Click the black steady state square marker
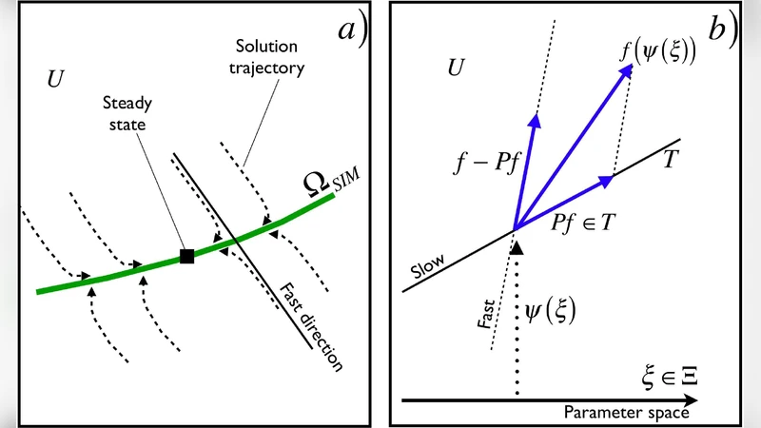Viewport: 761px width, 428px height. point(187,255)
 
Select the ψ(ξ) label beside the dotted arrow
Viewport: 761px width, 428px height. point(555,310)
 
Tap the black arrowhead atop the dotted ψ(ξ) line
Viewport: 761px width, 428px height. point(517,245)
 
